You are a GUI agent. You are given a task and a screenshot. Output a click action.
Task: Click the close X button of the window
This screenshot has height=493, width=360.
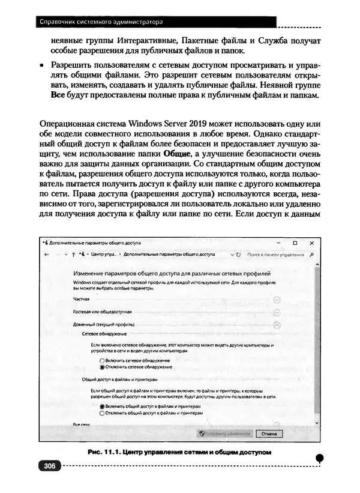click(x=313, y=243)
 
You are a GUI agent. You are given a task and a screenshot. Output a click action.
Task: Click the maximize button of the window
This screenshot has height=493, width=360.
click(x=295, y=243)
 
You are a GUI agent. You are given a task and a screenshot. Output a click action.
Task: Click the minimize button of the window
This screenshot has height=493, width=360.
click(x=278, y=243)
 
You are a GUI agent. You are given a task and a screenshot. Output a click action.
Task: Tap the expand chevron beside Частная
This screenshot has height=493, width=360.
click(x=277, y=299)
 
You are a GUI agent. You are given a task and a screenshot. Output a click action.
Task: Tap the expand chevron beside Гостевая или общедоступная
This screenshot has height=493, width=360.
click(x=277, y=312)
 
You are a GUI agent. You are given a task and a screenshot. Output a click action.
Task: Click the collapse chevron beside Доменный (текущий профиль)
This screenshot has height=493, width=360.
click(x=277, y=324)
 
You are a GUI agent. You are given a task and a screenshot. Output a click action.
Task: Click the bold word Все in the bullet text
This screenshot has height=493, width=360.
click(x=57, y=96)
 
